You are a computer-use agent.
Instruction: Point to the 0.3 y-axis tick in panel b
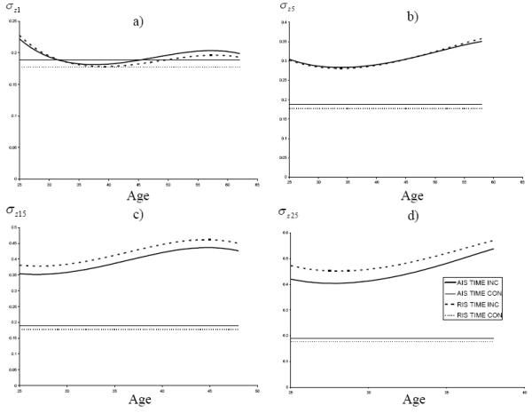pos(283,60)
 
